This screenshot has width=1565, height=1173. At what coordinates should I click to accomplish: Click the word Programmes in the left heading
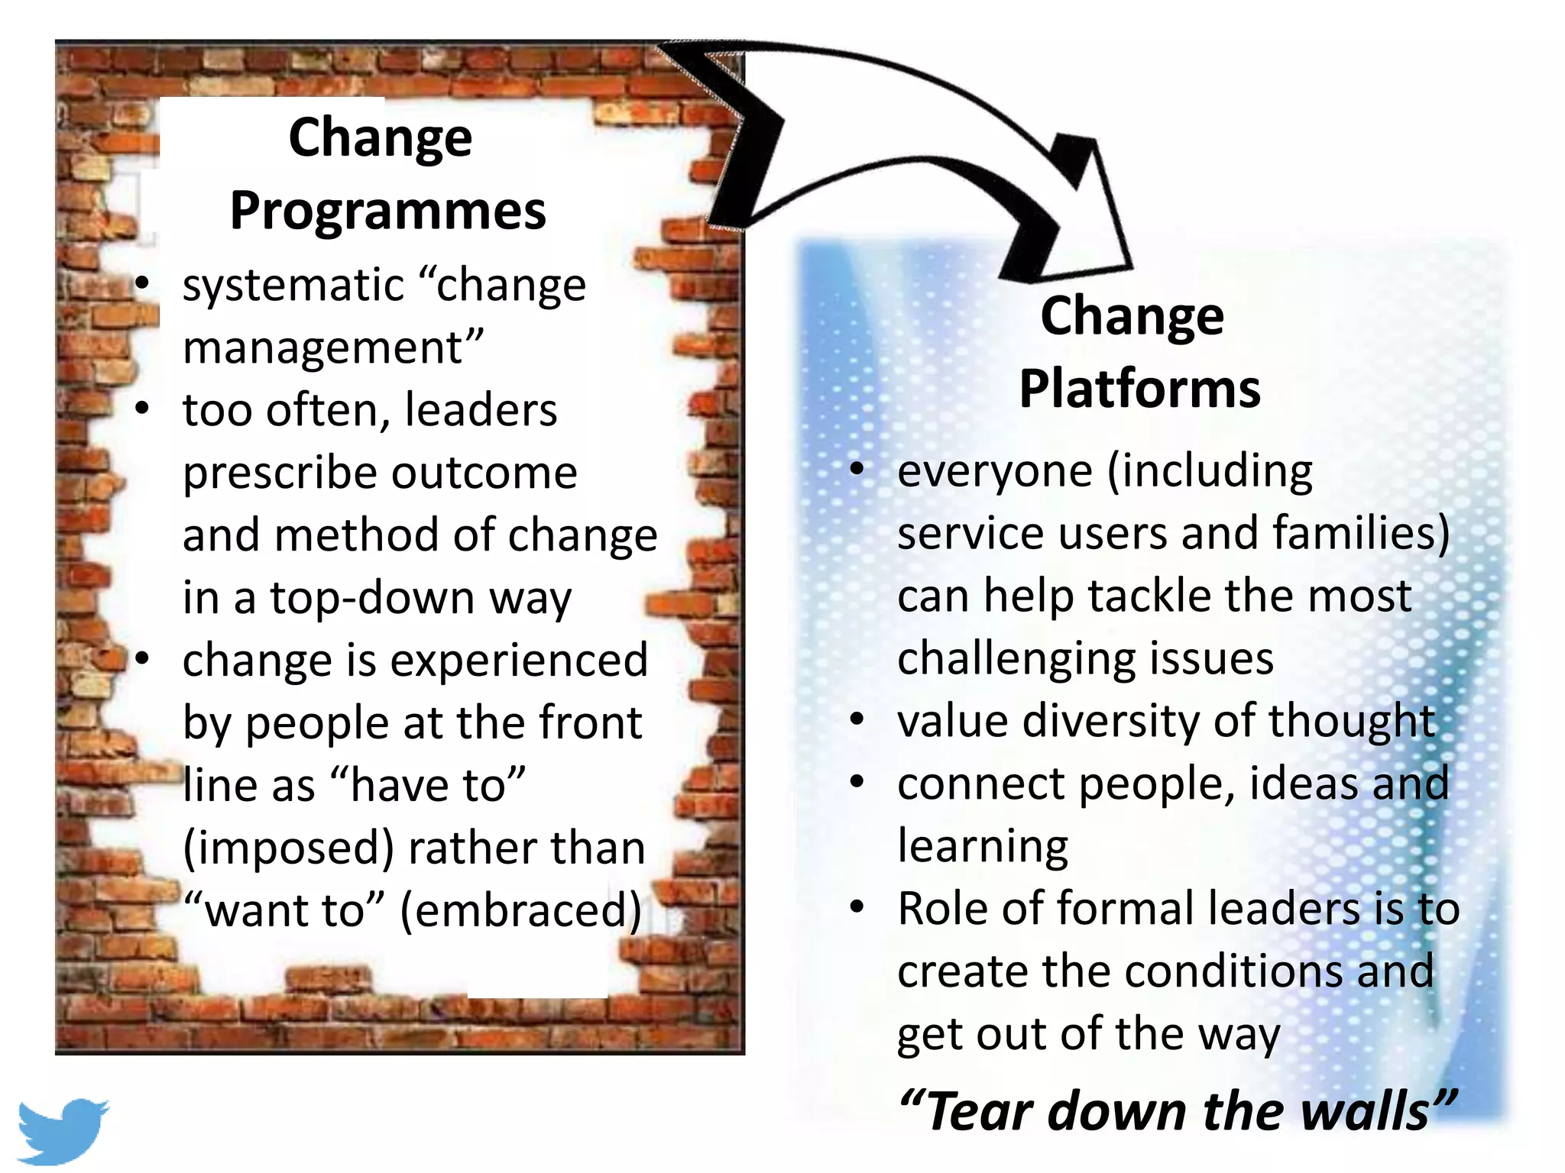pos(387,212)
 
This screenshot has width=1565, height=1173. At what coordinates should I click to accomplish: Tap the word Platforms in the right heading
pos(1139,389)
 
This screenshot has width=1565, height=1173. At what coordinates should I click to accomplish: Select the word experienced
pos(519,660)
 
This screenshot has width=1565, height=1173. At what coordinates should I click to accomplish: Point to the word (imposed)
pos(289,848)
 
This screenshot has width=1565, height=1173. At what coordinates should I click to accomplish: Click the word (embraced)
pos(520,910)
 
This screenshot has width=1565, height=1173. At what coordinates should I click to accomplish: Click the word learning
pos(983,846)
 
